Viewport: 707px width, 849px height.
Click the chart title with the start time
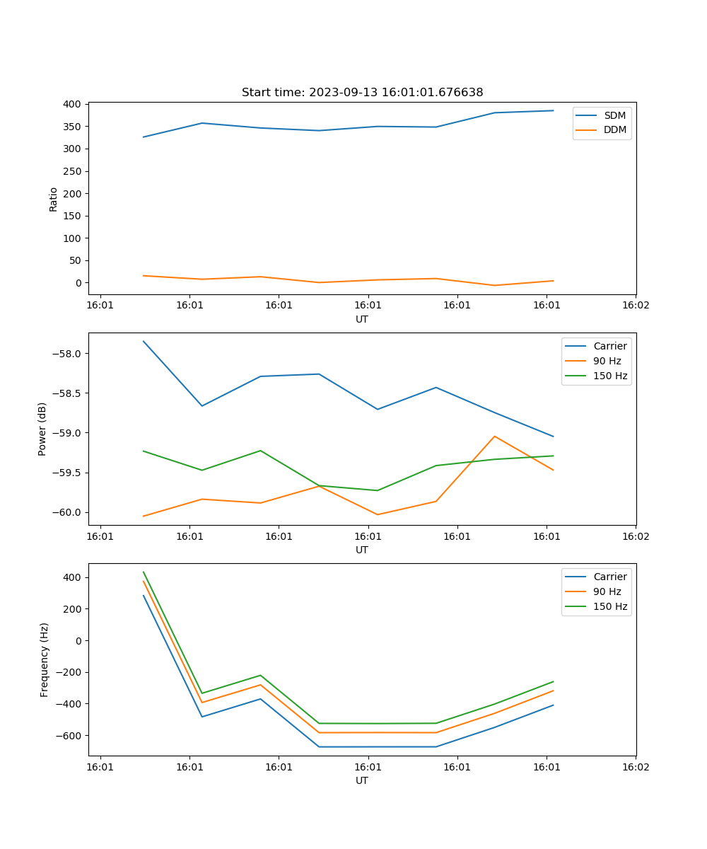[362, 93]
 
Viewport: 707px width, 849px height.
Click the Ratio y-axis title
[54, 199]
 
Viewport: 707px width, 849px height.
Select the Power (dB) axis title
[42, 429]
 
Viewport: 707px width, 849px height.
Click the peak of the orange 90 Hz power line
[495, 437]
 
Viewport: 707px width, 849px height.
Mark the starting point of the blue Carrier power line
[144, 341]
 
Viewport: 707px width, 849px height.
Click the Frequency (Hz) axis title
[45, 659]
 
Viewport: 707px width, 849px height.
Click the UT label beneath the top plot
[362, 319]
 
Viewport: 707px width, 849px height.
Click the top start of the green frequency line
[144, 572]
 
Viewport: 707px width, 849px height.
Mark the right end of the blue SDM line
[554, 110]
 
